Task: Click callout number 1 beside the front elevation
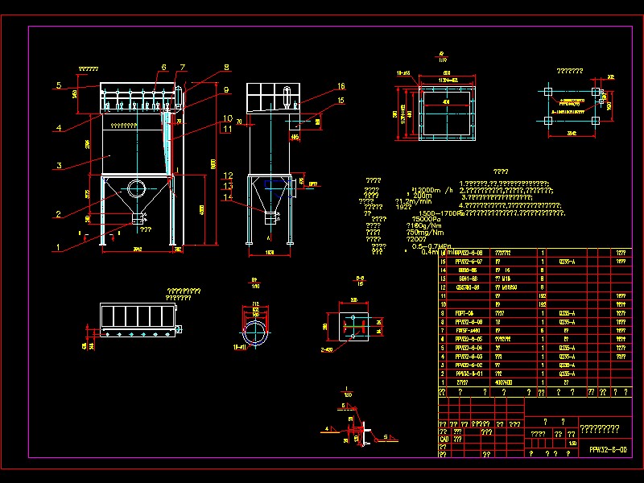57,246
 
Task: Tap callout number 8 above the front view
227,68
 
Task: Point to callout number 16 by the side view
341,86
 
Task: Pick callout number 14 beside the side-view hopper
229,197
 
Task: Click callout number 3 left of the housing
59,167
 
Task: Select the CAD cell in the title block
445,439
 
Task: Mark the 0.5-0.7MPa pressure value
431,246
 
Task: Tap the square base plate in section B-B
353,326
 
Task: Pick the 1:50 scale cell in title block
572,443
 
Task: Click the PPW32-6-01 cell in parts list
469,374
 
